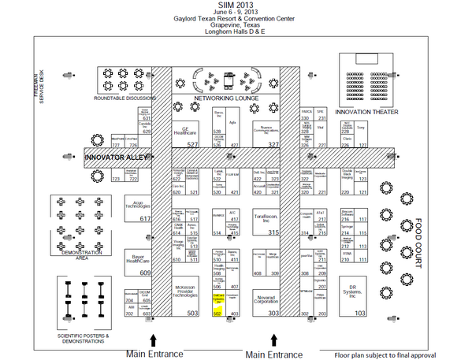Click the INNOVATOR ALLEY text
pos(112,158)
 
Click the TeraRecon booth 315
pos(266,222)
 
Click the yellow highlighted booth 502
pos(219,302)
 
